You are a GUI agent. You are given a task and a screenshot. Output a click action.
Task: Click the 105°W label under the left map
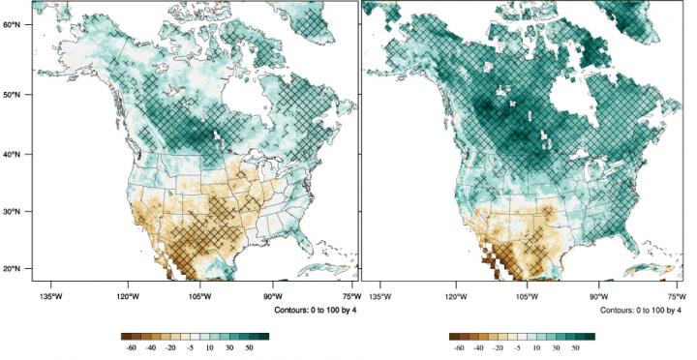tap(200, 294)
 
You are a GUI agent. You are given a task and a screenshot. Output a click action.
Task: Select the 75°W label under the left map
tap(351, 294)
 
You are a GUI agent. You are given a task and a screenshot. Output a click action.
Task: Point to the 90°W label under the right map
tap(599, 294)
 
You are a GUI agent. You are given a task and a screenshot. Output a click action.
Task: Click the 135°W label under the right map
tap(379, 294)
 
